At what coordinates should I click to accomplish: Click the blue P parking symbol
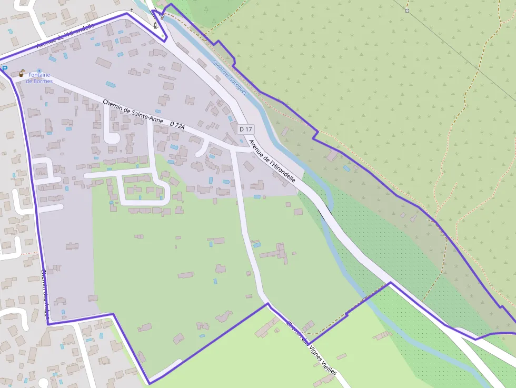(4, 68)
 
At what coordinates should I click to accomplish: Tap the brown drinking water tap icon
(22, 73)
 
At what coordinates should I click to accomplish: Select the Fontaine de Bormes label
(39, 78)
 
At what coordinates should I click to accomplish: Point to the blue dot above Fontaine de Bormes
(39, 70)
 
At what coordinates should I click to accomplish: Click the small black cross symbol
(132, 9)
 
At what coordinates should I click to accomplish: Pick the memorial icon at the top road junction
(155, 25)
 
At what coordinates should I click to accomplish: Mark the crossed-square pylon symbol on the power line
(407, 11)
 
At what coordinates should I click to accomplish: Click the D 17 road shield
(246, 129)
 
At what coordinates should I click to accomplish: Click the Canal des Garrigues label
(229, 77)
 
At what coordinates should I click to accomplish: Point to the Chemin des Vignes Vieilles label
(311, 347)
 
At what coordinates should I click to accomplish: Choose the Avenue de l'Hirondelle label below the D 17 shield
(272, 161)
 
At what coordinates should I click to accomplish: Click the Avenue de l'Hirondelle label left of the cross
(65, 37)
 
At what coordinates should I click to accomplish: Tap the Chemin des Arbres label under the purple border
(47, 287)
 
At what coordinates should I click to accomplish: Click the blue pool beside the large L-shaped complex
(257, 244)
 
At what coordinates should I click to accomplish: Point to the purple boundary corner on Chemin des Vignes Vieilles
(267, 304)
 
